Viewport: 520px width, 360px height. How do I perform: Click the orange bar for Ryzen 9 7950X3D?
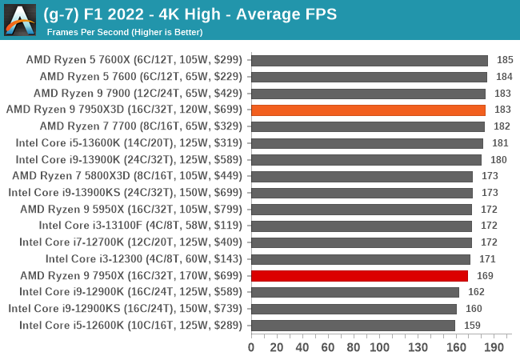pos(368,110)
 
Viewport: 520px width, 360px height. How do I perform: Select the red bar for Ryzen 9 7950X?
pos(359,275)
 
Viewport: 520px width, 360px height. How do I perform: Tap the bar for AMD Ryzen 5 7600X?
pos(370,60)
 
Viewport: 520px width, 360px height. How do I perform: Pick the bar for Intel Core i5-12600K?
pos(353,325)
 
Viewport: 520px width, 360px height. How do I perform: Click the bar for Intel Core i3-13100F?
pos(362,226)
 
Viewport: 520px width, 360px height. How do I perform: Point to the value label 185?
pos(505,60)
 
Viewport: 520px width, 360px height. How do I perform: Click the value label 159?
pos(472,325)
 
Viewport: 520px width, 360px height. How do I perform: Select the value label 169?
pos(485,275)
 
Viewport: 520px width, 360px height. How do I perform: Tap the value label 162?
pos(476,292)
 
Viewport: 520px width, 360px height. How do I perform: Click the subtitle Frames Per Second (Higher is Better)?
pos(125,32)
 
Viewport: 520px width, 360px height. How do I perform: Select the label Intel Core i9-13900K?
pos(128,160)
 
